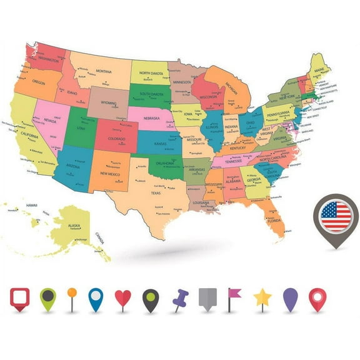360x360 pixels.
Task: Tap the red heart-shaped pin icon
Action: (x=123, y=297)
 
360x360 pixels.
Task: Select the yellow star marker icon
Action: (x=262, y=297)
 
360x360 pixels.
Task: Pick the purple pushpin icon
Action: (x=180, y=298)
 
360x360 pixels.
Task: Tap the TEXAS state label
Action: (x=156, y=193)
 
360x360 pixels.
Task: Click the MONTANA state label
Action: (x=104, y=71)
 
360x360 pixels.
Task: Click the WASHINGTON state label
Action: (x=46, y=59)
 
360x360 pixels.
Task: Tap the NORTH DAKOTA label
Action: (x=151, y=73)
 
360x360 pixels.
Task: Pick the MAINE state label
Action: (x=319, y=69)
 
